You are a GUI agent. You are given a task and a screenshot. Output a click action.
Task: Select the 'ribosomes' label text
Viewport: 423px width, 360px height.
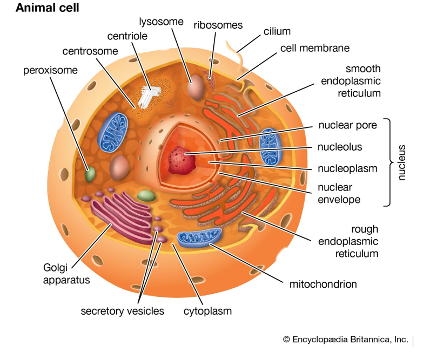[218, 25]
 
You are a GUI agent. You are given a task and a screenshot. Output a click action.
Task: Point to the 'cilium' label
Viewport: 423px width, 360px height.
[278, 31]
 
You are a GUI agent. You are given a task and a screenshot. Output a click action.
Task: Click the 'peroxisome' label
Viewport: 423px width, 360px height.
[50, 70]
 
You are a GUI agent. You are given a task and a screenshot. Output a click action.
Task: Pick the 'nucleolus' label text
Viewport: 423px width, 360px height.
[340, 147]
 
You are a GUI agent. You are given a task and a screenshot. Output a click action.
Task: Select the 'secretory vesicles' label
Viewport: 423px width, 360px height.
[122, 311]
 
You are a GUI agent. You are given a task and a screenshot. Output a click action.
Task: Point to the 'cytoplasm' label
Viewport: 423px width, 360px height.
[207, 311]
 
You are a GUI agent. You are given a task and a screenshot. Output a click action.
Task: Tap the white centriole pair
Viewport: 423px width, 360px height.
[148, 96]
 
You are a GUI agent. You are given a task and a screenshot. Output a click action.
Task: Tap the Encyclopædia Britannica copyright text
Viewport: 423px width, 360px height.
[345, 339]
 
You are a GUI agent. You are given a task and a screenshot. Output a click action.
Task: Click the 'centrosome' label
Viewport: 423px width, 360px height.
[90, 52]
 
